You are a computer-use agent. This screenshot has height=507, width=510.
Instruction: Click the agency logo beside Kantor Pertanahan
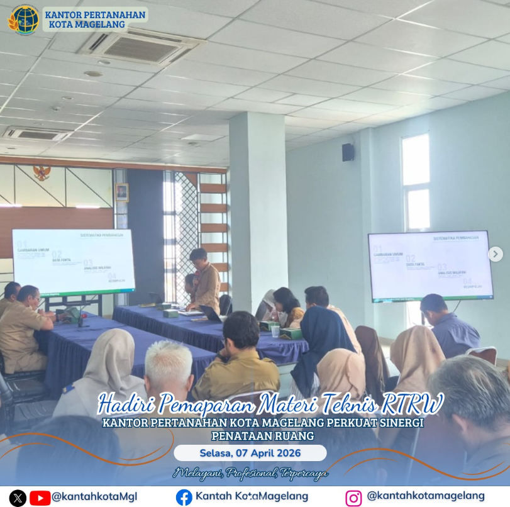(23, 19)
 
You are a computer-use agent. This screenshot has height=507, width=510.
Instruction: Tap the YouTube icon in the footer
(40, 498)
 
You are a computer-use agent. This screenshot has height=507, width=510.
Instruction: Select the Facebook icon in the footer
(184, 497)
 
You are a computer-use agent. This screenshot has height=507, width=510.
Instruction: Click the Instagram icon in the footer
(354, 498)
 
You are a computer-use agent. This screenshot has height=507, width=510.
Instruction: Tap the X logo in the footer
(18, 498)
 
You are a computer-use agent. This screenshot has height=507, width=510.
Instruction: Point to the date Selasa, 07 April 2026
(250, 453)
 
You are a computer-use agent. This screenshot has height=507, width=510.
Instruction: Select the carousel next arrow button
(496, 254)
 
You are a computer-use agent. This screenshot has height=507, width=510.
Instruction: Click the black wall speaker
(348, 152)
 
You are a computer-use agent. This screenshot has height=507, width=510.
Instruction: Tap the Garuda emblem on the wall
(42, 172)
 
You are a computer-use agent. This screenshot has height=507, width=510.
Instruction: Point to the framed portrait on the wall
(121, 192)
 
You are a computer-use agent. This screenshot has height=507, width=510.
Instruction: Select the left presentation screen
(74, 261)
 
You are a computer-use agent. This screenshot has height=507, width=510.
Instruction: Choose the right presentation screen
(430, 265)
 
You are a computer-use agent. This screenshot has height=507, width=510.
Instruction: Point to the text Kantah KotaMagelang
(252, 496)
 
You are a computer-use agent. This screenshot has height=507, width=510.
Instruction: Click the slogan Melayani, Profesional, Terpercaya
(250, 473)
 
